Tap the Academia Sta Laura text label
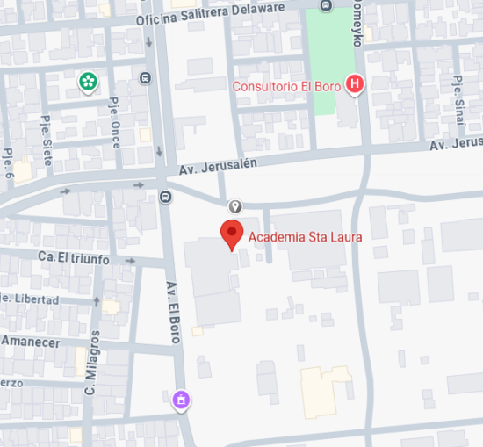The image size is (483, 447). click(305, 236)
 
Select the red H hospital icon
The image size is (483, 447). click(355, 85)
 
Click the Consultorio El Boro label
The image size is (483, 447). click(286, 86)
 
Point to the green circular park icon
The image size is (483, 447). click(88, 83)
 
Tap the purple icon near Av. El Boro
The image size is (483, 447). click(181, 400)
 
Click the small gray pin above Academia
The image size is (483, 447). click(235, 206)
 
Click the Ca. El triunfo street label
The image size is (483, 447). click(73, 259)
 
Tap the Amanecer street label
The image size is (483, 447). click(31, 342)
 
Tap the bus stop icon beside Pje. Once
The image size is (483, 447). click(144, 77)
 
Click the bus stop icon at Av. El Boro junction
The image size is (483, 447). click(165, 196)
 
